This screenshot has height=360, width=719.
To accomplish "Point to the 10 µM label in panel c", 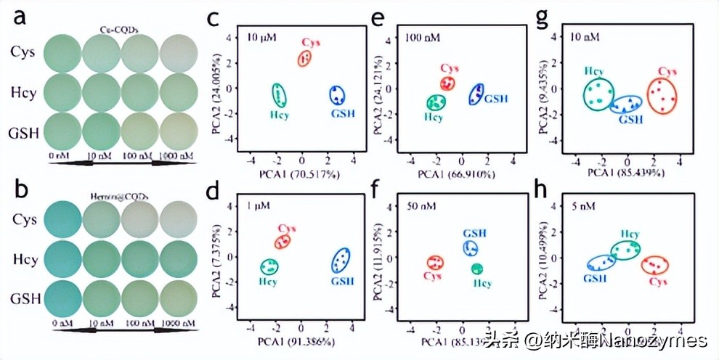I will point(259,35).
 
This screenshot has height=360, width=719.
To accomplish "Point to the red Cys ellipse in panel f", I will point(435,263).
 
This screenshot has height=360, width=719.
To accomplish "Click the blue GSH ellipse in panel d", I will point(341,260).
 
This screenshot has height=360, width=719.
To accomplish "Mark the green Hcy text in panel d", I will point(269,281).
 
